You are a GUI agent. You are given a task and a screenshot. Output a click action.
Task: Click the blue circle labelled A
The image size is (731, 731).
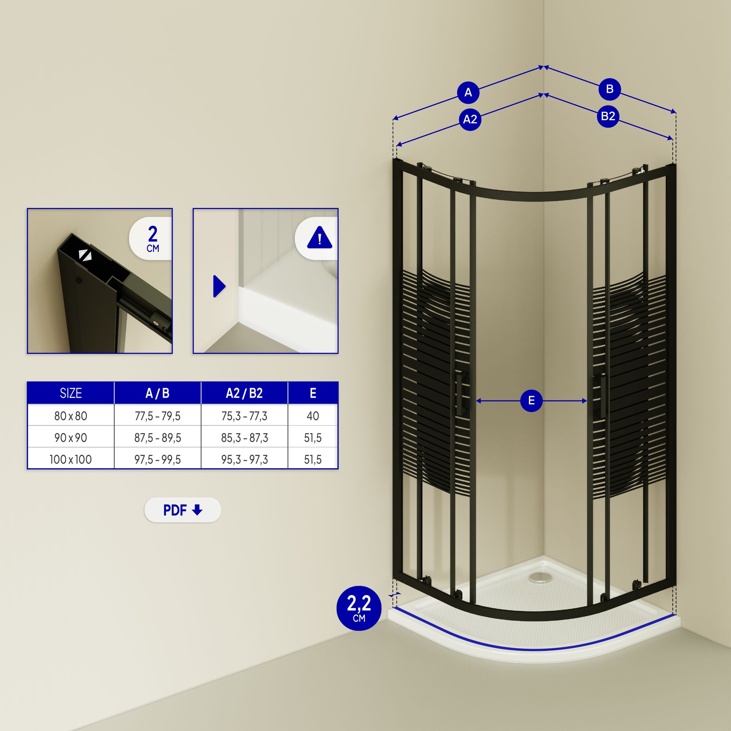tap(468, 92)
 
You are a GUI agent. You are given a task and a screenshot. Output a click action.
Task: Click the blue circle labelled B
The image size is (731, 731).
tap(610, 89)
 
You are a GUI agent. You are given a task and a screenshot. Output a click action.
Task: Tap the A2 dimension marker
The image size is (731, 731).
tap(470, 120)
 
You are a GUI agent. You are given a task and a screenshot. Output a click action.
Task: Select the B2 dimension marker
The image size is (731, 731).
tap(608, 116)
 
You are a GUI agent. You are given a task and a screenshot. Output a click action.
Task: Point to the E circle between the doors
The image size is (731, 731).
tap(531, 401)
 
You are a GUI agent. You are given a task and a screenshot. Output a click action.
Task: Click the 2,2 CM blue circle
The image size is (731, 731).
tap(359, 609)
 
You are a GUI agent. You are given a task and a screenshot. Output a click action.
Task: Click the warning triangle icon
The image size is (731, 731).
tap(320, 238)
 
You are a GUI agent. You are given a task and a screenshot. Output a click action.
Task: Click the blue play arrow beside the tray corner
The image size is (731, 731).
tap(219, 286)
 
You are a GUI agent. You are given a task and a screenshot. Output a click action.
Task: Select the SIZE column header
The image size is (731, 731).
tap(71, 393)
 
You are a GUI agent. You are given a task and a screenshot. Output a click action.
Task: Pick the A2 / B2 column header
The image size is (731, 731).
tap(244, 393)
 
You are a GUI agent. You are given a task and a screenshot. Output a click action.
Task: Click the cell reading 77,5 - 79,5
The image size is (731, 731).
tap(158, 416)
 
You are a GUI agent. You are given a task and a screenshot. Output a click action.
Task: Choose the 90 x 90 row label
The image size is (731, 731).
tap(71, 438)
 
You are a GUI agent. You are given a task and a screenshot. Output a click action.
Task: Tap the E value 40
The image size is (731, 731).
tap(313, 416)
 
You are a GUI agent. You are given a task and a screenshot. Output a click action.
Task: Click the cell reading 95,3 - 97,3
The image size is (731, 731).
tap(244, 459)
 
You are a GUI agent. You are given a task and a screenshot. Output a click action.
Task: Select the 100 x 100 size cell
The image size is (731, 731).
tap(71, 459)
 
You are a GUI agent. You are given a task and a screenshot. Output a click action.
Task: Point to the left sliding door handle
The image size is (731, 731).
tap(462, 394)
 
